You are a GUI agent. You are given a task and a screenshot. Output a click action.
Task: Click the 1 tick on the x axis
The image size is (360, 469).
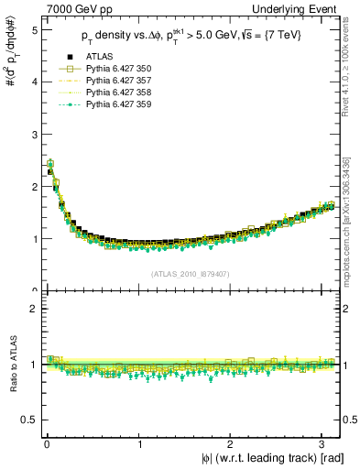pyautogui.click(x=138, y=445)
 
